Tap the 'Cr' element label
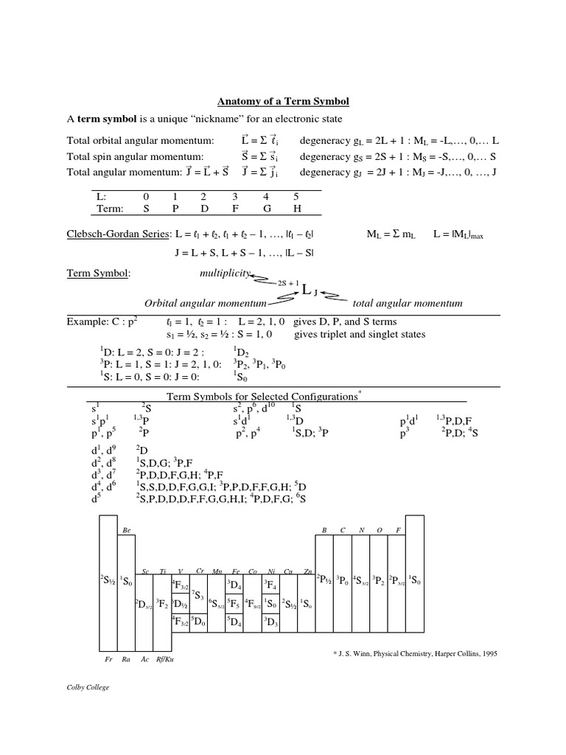click(200, 571)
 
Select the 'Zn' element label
click(308, 571)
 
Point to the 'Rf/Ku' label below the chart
click(166, 658)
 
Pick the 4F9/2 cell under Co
click(253, 604)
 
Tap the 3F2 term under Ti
click(162, 604)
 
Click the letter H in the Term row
click(296, 209)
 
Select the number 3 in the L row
click(235, 197)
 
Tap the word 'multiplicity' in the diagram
click(224, 274)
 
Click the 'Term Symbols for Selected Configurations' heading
click(262, 396)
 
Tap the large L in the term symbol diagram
click(307, 290)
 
